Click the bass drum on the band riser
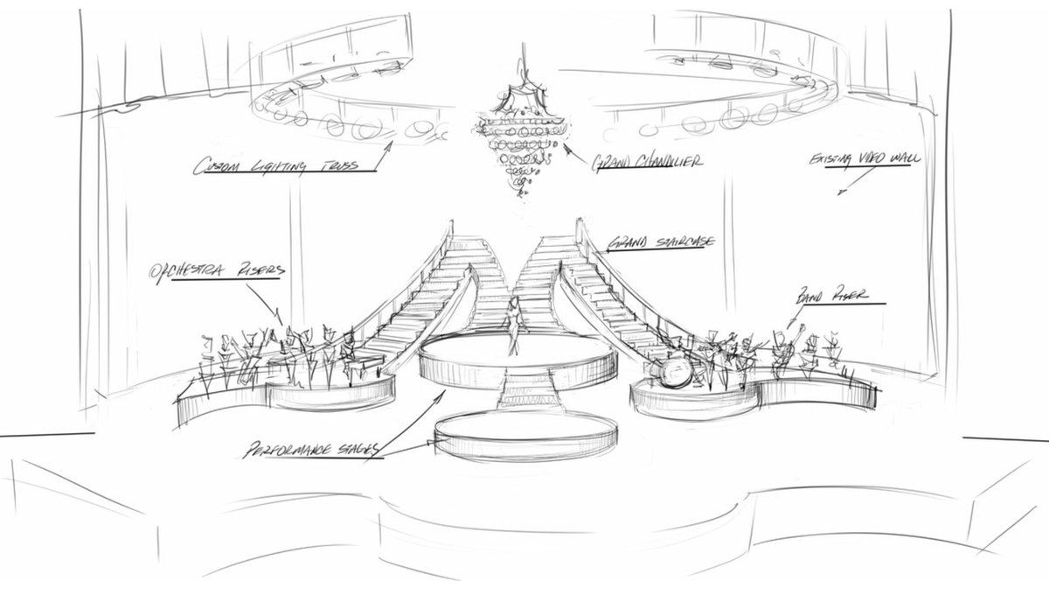pos(676,373)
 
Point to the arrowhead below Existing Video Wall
pos(840,192)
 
